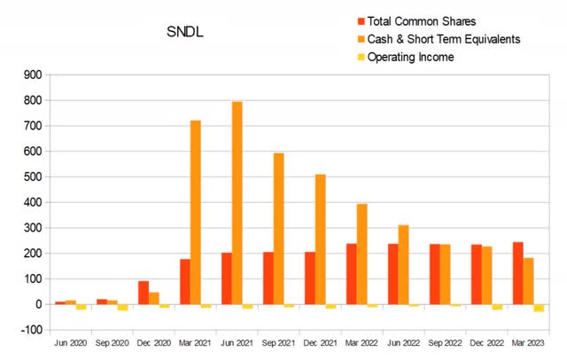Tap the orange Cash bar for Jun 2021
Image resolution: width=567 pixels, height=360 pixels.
point(237,203)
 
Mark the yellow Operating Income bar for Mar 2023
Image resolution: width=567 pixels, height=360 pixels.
point(539,308)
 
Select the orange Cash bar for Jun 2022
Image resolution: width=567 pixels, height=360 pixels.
point(403,264)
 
